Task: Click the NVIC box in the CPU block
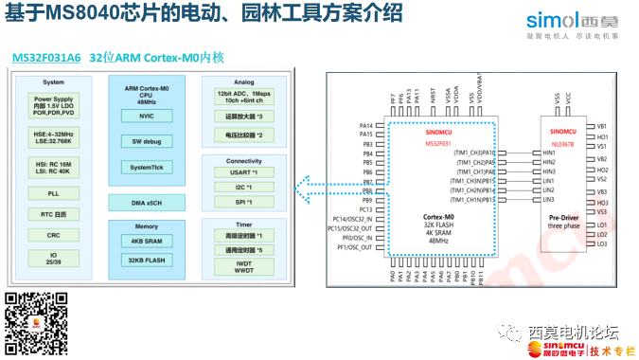pos(146,116)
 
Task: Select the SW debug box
pos(146,141)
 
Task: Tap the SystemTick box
pos(146,167)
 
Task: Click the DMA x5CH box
pos(146,203)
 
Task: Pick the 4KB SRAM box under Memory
pos(146,242)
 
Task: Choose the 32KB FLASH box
pos(146,259)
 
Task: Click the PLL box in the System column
pos(53,193)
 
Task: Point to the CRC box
pos(53,235)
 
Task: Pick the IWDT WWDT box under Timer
pos(245,268)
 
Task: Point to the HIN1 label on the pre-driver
pos(548,152)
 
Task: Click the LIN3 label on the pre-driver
pos(548,200)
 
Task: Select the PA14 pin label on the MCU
pos(365,125)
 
